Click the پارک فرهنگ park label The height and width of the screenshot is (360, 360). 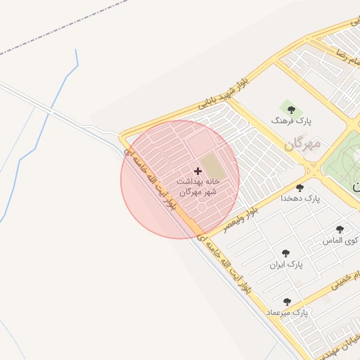(290, 121)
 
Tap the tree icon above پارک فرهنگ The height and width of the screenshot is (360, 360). (291, 110)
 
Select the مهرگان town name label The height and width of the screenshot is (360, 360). (302, 145)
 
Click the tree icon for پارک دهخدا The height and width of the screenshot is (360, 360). (300, 188)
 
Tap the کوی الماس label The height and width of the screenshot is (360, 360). (340, 240)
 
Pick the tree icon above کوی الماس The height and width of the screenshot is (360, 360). (340, 229)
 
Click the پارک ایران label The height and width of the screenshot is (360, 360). (285, 265)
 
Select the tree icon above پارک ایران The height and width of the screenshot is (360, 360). (285, 253)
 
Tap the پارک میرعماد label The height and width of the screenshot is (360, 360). (288, 311)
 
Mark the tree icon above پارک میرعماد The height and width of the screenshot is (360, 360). (287, 301)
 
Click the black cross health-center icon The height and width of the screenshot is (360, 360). (198, 171)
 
